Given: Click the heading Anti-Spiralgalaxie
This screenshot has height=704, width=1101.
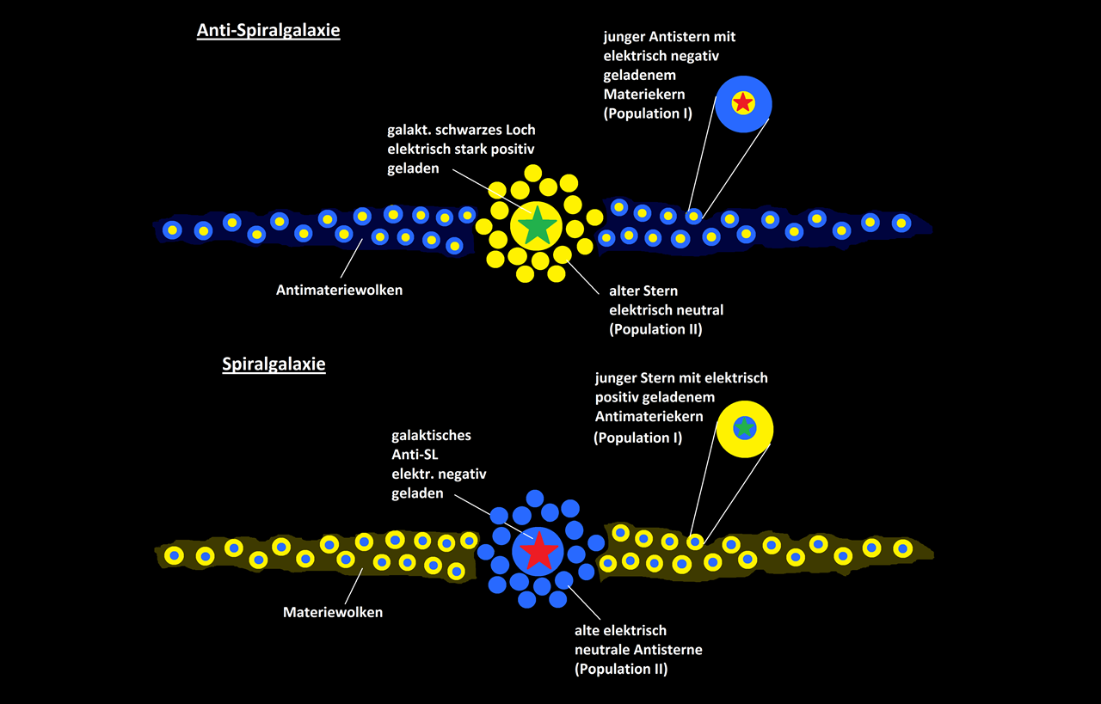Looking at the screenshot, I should [268, 31].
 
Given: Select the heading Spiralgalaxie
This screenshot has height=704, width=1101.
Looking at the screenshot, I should [274, 364].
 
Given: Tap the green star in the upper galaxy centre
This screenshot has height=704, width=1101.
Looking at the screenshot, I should [537, 225].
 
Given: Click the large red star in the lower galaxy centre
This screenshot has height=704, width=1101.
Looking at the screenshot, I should [538, 551].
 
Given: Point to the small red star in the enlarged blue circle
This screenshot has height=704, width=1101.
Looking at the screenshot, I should [743, 103].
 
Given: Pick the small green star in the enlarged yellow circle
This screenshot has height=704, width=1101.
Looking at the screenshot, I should [745, 427].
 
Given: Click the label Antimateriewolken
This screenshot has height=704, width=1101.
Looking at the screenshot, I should [339, 290].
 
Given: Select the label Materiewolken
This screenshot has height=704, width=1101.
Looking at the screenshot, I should [333, 612].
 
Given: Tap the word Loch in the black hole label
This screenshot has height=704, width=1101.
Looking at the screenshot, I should [517, 130].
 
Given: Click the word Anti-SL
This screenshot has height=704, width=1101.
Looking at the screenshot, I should [415, 455].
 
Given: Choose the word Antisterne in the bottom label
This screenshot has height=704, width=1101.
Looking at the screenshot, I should [673, 649].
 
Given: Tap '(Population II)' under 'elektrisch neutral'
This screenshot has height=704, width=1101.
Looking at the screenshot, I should [655, 328].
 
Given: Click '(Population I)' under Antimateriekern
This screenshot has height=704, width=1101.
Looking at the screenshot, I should [637, 438].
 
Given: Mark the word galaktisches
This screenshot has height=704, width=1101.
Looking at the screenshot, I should [431, 436].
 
